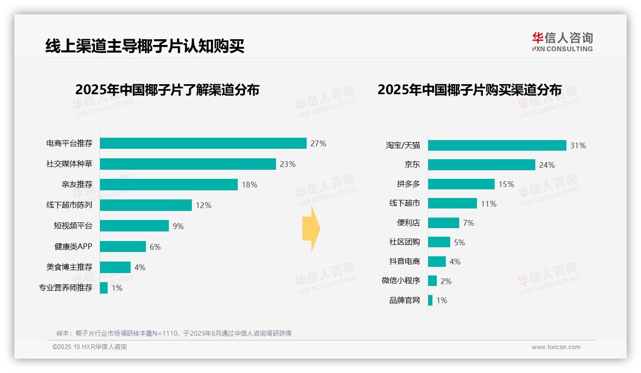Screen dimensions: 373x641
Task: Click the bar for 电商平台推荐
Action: click(x=203, y=143)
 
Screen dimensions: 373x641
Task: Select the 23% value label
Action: click(x=287, y=164)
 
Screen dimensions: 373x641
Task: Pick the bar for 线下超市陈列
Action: click(x=146, y=205)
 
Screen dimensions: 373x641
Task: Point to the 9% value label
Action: click(x=178, y=226)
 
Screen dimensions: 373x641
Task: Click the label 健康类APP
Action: click(x=73, y=247)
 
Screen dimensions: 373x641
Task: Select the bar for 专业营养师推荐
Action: click(x=104, y=288)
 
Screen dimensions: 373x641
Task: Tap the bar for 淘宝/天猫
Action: click(x=497, y=145)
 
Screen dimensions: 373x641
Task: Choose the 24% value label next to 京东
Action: click(x=547, y=165)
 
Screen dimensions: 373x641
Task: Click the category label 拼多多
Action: click(x=409, y=184)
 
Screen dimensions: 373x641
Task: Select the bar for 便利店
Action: click(x=443, y=223)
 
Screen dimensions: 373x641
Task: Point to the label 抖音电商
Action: click(x=405, y=262)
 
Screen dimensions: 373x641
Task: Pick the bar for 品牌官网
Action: click(x=431, y=300)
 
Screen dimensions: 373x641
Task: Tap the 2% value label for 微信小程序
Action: click(x=446, y=281)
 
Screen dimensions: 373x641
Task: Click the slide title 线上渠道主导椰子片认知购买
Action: click(x=145, y=46)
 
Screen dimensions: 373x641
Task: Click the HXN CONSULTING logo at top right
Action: click(x=562, y=42)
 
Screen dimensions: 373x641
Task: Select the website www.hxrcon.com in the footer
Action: click(x=556, y=347)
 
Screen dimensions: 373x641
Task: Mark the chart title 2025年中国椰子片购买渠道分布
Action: click(x=469, y=89)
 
